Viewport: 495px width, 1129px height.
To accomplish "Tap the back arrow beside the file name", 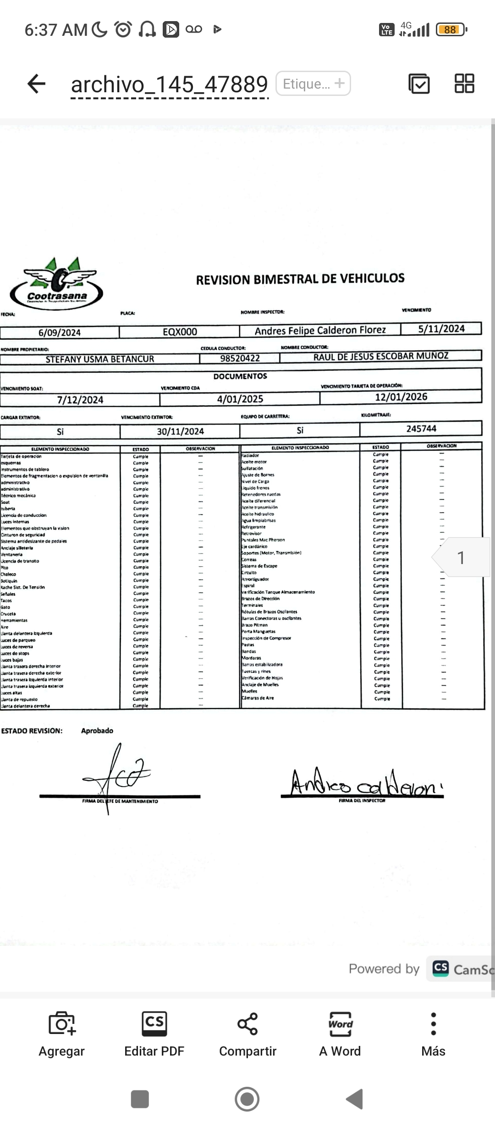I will coord(37,84).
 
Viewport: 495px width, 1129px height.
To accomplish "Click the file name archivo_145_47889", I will coord(169,84).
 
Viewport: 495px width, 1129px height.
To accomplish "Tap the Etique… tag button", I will coord(313,84).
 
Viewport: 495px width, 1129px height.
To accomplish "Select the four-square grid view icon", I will coord(464,84).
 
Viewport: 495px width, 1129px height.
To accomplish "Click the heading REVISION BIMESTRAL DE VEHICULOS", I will coord(300,279).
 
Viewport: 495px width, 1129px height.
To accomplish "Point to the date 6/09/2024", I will coord(60,333).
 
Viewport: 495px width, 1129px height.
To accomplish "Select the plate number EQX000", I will coord(180,332).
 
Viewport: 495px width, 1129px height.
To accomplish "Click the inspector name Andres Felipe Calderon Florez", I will coord(320,330).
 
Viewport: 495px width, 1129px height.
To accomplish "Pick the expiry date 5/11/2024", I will coord(441,329).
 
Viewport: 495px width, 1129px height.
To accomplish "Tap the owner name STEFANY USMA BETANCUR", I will coord(99,359).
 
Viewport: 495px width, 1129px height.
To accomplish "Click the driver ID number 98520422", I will coord(240,358).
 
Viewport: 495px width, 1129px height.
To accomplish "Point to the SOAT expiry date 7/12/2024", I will coord(80,400).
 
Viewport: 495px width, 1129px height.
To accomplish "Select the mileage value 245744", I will coord(421,429).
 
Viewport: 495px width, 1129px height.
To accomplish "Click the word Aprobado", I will coord(97,731).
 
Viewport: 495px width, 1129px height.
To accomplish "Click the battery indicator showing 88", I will coord(451,30).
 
